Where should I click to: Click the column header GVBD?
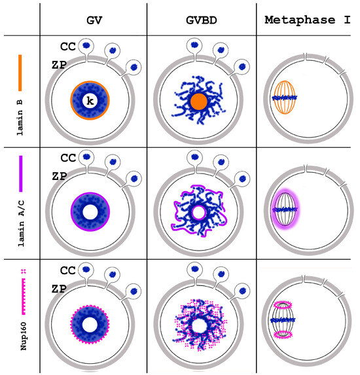tap(201, 18)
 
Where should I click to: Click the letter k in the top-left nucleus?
tap(90, 101)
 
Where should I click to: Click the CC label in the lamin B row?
tap(67, 48)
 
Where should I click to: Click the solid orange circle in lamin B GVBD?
tap(198, 101)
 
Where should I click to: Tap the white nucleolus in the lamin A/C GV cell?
tap(90, 212)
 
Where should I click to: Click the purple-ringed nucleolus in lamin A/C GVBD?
tap(198, 211)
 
